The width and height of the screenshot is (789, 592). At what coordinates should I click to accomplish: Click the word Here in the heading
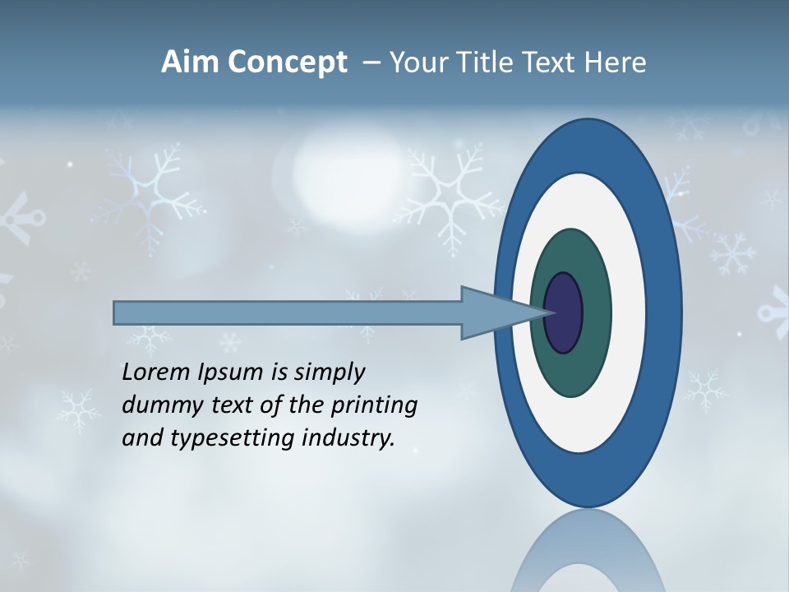point(616,62)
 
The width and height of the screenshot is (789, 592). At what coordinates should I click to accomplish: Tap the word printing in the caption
point(374,406)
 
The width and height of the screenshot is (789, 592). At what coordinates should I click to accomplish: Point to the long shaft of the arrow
point(288,312)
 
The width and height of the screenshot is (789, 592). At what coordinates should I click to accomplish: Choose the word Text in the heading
point(549,62)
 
